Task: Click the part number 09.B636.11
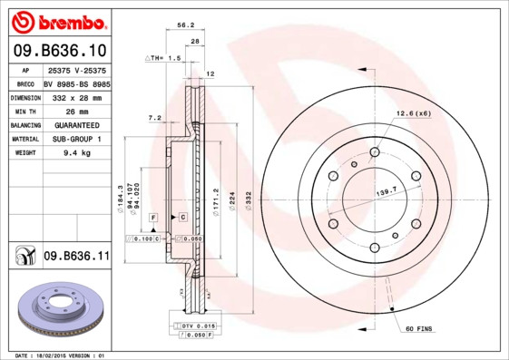tap(76, 258)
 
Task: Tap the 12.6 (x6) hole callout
tap(412, 113)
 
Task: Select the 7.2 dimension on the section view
tap(153, 117)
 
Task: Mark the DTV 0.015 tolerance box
tap(193, 326)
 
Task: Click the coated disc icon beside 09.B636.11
tap(23, 258)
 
